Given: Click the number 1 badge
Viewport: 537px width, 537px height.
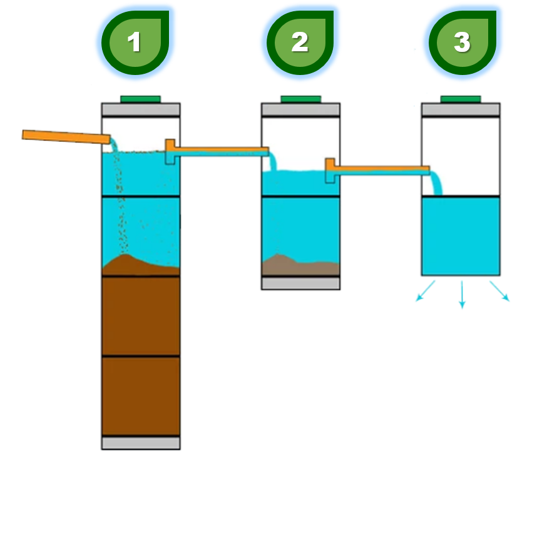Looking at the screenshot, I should pyautogui.click(x=134, y=42).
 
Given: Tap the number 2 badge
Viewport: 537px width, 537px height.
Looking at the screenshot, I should pyautogui.click(x=300, y=42).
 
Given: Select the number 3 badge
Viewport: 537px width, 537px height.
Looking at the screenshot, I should pyautogui.click(x=462, y=42).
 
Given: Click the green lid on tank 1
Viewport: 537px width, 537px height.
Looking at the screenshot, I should pyautogui.click(x=141, y=99).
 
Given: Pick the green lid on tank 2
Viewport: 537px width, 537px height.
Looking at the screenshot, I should pyautogui.click(x=300, y=99).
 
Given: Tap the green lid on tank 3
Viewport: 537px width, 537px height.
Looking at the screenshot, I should pyautogui.click(x=461, y=99).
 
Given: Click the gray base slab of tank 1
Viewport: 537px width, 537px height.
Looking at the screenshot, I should pyautogui.click(x=141, y=443).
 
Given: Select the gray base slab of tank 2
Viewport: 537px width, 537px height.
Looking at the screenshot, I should pyautogui.click(x=300, y=283).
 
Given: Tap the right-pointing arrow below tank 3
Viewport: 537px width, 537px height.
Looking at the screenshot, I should pyautogui.click(x=499, y=292).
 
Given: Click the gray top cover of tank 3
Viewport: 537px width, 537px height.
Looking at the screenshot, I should pyautogui.click(x=461, y=109).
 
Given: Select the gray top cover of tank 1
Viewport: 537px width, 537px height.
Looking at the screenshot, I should pyautogui.click(x=141, y=109).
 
